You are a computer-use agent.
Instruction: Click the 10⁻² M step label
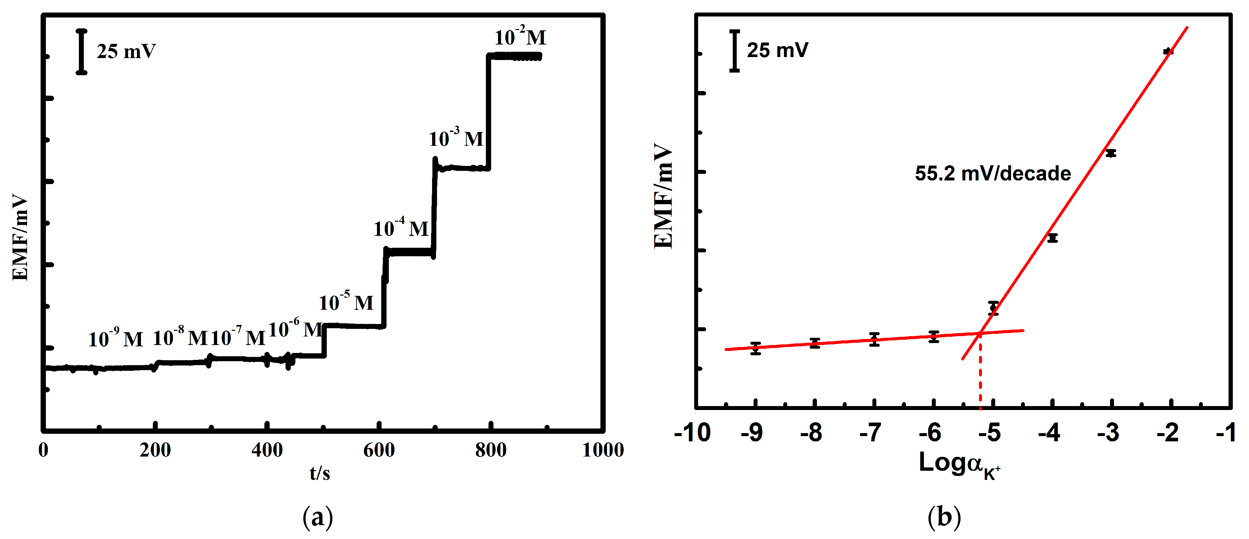[520, 37]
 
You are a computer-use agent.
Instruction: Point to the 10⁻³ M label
[456, 139]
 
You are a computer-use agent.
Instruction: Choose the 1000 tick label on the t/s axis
[603, 450]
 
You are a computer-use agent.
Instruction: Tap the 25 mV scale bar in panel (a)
[82, 52]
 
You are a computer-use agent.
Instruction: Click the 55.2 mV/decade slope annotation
[993, 174]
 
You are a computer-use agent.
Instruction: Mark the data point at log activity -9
[756, 348]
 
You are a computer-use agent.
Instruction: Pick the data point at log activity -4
[1052, 238]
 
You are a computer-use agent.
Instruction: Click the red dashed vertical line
[980, 376]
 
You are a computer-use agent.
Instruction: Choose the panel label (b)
[944, 518]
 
